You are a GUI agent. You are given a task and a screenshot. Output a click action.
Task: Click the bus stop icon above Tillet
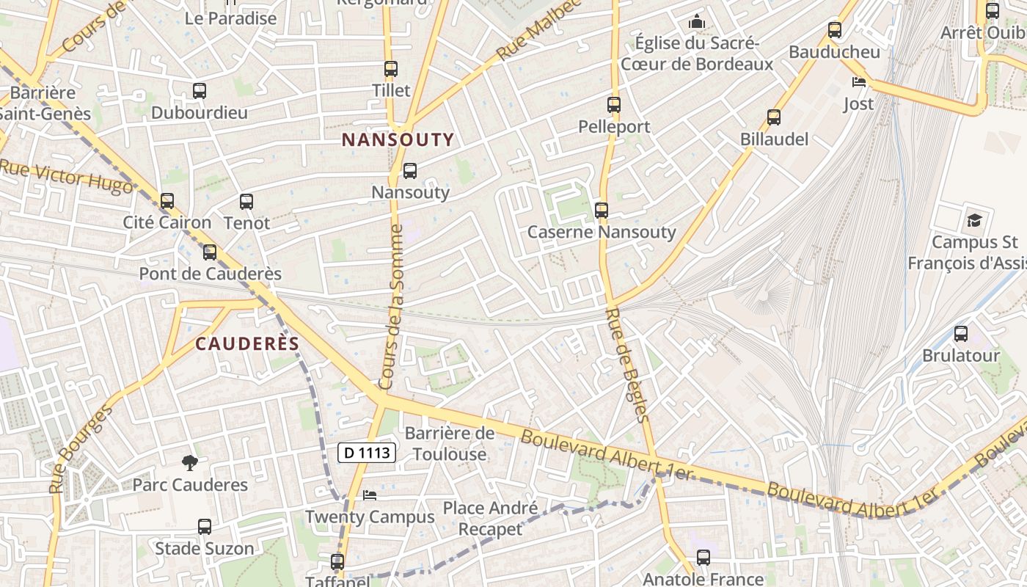391,69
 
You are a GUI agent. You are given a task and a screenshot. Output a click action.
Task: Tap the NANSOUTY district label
398,139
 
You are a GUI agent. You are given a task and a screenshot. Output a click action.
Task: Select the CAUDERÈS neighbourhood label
247,344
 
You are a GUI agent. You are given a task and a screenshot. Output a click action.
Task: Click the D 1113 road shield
367,453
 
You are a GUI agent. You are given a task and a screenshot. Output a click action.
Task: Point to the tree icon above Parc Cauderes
190,463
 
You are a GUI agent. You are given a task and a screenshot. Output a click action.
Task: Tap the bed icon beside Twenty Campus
370,495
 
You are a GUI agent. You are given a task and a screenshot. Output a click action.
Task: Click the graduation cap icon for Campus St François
974,220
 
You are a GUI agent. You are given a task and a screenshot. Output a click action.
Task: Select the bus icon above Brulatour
961,334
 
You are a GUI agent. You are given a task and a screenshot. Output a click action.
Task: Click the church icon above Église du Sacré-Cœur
697,22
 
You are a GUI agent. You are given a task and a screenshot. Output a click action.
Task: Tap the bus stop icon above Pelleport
614,105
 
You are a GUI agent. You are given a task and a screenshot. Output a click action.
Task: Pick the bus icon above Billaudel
774,117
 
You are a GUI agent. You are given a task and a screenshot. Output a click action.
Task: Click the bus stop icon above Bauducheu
835,30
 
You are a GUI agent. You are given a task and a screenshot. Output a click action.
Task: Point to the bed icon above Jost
858,81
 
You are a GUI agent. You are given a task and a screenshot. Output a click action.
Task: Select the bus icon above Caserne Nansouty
602,211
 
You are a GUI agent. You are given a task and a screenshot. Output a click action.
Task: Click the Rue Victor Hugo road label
66,177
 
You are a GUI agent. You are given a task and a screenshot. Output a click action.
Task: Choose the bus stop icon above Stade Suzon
205,526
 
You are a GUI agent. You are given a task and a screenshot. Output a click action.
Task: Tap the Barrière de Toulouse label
450,443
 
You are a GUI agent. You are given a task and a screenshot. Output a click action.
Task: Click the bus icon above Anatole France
703,558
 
